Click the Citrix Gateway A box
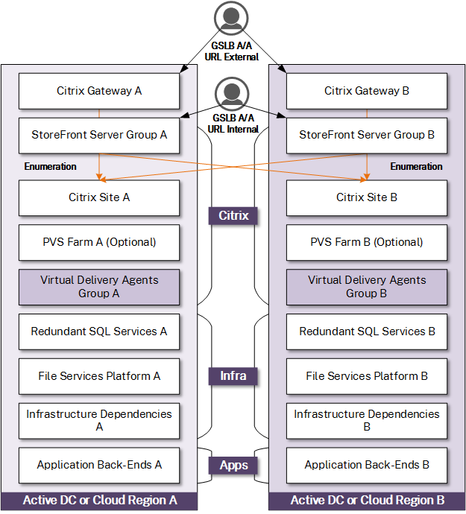tap(99, 91)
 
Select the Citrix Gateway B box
tap(367, 91)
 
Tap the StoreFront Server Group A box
tap(99, 136)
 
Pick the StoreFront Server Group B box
tap(367, 136)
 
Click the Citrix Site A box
tap(99, 197)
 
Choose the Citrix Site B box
tap(367, 197)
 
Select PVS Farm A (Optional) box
tap(99, 242)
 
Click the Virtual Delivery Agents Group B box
tap(367, 287)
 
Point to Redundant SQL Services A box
tap(99, 331)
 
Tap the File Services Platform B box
tap(367, 376)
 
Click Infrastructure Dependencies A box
tap(99, 421)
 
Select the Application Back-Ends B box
tap(367, 465)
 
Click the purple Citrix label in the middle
tap(233, 216)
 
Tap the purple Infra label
tap(233, 376)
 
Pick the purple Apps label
tap(233, 466)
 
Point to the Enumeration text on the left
tap(50, 167)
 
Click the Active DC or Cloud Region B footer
tap(367, 500)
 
